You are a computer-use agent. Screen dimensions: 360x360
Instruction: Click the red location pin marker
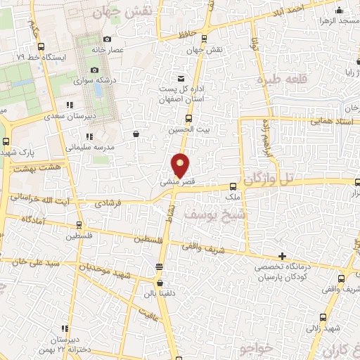(181, 165)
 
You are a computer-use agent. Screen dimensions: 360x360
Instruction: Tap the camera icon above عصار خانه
(107, 39)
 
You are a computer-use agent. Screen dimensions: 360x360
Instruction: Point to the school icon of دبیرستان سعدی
(69, 105)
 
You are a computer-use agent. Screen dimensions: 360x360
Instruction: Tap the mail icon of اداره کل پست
(182, 77)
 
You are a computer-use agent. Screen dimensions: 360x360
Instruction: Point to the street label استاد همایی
(328, 122)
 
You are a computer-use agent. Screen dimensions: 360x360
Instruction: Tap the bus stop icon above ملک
(233, 186)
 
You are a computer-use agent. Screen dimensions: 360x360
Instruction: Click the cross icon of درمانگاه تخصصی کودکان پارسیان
(283, 256)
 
